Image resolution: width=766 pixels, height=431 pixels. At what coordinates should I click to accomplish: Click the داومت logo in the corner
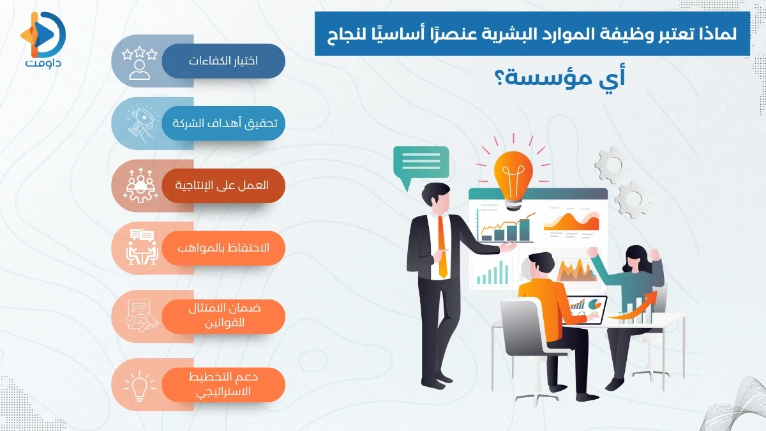[43, 40]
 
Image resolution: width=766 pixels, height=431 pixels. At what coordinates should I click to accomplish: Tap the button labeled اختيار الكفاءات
[223, 61]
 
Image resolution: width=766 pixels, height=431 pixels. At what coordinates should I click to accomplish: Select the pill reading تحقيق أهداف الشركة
[223, 123]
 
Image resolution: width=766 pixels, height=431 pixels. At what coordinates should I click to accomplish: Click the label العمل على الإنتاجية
[223, 185]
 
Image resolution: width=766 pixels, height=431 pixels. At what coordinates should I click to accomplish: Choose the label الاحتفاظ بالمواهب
[223, 248]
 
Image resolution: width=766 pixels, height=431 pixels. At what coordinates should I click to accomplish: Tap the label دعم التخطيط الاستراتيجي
[223, 384]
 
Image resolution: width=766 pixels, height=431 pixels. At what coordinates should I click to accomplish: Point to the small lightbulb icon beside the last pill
[139, 384]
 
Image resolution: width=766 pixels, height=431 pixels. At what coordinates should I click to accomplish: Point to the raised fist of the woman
[594, 252]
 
